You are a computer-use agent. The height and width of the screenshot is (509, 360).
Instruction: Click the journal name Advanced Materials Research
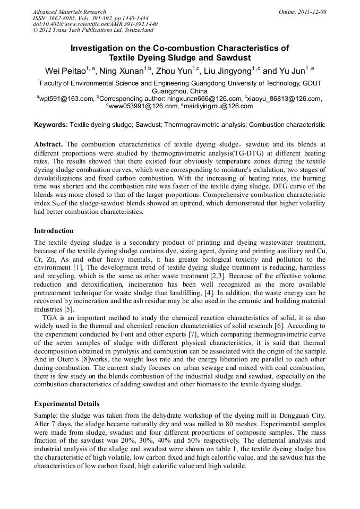tap(69, 12)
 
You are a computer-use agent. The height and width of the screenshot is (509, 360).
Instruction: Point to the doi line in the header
tap(95, 24)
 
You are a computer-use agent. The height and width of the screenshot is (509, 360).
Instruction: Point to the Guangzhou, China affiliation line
tap(179, 91)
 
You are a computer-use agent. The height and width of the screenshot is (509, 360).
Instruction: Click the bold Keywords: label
tap(51, 125)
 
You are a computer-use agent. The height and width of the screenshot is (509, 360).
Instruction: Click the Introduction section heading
tap(54, 231)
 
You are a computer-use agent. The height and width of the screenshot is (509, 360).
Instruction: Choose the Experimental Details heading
tap(66, 404)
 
